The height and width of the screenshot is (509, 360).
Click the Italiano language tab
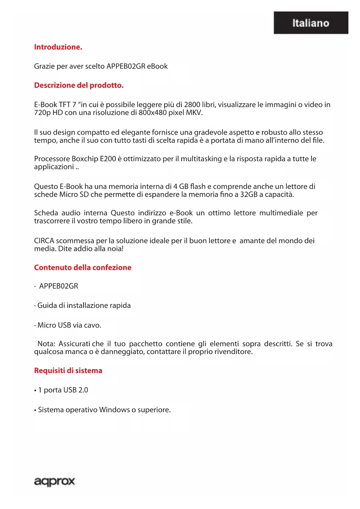311,23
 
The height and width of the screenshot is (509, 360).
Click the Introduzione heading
58,47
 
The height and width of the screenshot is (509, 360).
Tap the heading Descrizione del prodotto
79,85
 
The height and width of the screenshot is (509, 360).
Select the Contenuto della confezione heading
83,268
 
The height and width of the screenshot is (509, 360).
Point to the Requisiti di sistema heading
68,371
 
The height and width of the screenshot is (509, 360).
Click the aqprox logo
55,481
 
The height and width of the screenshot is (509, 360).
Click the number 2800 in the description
192,104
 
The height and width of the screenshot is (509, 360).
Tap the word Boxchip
85,159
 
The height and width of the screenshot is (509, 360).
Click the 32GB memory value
249,194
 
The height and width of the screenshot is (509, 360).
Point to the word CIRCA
44,241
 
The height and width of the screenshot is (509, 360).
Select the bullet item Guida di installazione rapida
84,306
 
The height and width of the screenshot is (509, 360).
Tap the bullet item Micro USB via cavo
69,325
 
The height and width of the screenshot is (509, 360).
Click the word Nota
46,344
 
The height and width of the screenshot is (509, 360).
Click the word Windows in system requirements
114,410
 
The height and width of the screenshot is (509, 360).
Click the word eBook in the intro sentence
157,66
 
